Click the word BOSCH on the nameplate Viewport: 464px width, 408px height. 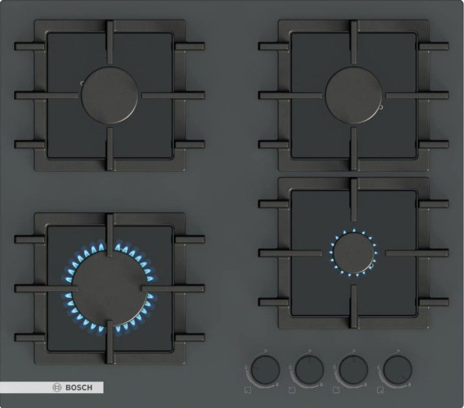pos(79,387)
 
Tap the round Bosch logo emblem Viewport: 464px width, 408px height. pos(56,387)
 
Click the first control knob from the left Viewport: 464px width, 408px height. pos(265,370)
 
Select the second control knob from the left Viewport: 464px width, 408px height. pos(309,370)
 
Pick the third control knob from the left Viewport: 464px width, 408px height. pos(353,370)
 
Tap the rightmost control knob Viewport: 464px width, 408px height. pos(397,370)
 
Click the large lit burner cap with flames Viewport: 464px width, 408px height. pos(109,289)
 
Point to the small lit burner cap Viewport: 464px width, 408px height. pos(353,253)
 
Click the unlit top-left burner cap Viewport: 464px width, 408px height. pos(109,95)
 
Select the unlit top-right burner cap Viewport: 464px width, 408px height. pos(353,95)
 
